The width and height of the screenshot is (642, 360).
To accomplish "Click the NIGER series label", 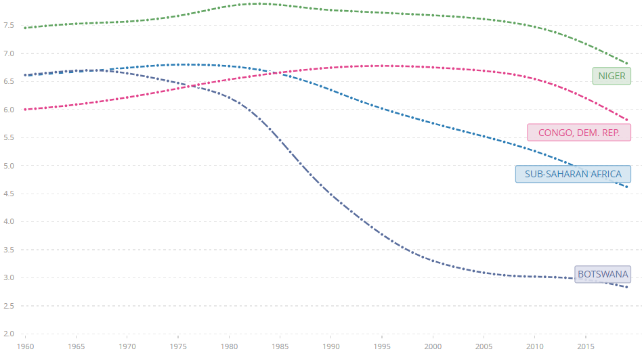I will [612, 76].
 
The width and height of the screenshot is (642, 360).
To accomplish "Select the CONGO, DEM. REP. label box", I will [578, 133].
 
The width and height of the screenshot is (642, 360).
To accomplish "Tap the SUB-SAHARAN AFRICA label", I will [573, 174].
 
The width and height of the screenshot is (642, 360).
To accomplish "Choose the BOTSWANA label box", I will [603, 274].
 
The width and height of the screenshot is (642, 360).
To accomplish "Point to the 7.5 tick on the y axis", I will [9, 25].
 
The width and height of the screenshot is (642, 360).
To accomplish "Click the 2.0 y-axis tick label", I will [9, 334].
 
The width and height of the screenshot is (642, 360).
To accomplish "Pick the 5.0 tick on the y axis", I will [9, 166].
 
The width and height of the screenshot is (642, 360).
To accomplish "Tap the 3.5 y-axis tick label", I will [9, 250].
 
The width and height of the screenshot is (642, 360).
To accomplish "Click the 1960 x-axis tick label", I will [26, 346].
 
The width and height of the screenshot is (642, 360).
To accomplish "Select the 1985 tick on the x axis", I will [280, 346].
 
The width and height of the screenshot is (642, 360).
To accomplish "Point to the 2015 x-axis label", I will [586, 346].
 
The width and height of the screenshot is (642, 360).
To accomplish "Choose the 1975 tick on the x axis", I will [178, 346].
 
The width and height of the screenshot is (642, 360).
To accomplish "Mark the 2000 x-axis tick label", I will [433, 346].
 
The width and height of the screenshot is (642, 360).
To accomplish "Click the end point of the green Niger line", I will [627, 64].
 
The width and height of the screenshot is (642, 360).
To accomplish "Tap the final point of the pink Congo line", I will [627, 120].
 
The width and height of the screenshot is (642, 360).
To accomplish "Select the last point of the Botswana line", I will [627, 287].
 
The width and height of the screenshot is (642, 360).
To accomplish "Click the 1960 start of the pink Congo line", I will [26, 109].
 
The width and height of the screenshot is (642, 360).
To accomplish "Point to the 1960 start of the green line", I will [26, 28].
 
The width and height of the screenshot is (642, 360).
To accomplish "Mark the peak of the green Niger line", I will [260, 3].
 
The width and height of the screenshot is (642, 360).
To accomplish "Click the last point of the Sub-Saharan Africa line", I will [627, 187].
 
